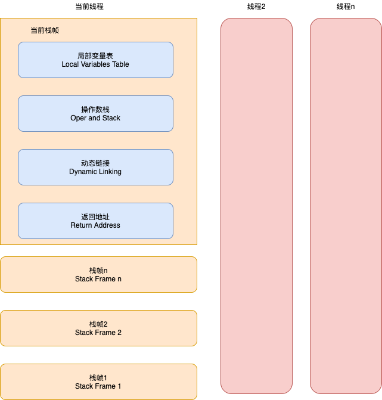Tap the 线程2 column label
(x=256, y=7)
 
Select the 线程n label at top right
(x=346, y=7)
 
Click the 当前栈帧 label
(x=45, y=30)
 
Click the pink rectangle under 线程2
(x=256, y=206)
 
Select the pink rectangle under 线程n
(x=346, y=206)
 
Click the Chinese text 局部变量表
(x=95, y=55)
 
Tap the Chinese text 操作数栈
(x=95, y=110)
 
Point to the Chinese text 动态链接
(x=95, y=163)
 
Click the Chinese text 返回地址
(x=95, y=217)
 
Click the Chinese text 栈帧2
(x=98, y=324)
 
